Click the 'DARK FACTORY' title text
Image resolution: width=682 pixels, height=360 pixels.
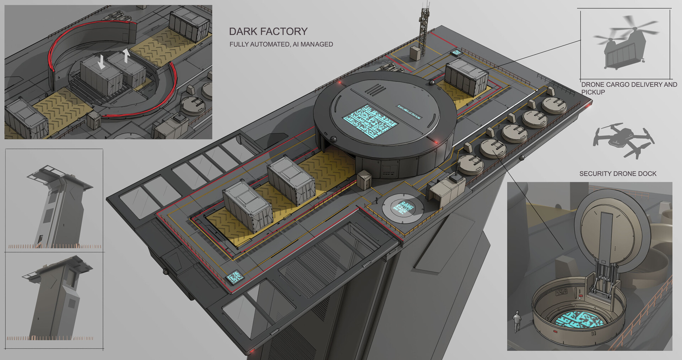point(268,31)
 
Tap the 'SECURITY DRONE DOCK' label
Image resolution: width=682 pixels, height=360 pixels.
point(618,174)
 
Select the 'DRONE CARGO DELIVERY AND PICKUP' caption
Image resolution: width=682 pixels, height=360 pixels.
point(629,88)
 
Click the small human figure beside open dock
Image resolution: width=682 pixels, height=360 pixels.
point(516,321)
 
